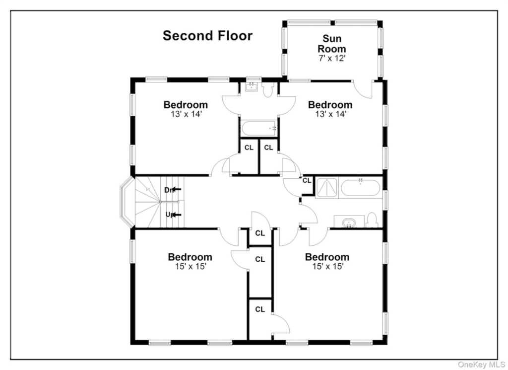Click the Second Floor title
[x=207, y=36]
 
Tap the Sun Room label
[x=332, y=44]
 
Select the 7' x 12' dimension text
[x=332, y=59]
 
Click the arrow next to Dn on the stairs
[x=177, y=189]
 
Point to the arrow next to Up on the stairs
[x=177, y=215]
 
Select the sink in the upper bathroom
[x=251, y=87]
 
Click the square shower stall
[x=326, y=188]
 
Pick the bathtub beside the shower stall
[x=360, y=188]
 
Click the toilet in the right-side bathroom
[x=372, y=220]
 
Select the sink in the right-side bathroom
[x=349, y=222]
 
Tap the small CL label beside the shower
[x=307, y=181]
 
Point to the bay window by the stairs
[x=127, y=202]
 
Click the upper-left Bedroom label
[x=186, y=105]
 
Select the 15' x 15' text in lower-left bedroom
[x=191, y=267]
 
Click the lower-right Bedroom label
[x=327, y=257]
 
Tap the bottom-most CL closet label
[x=260, y=309]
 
